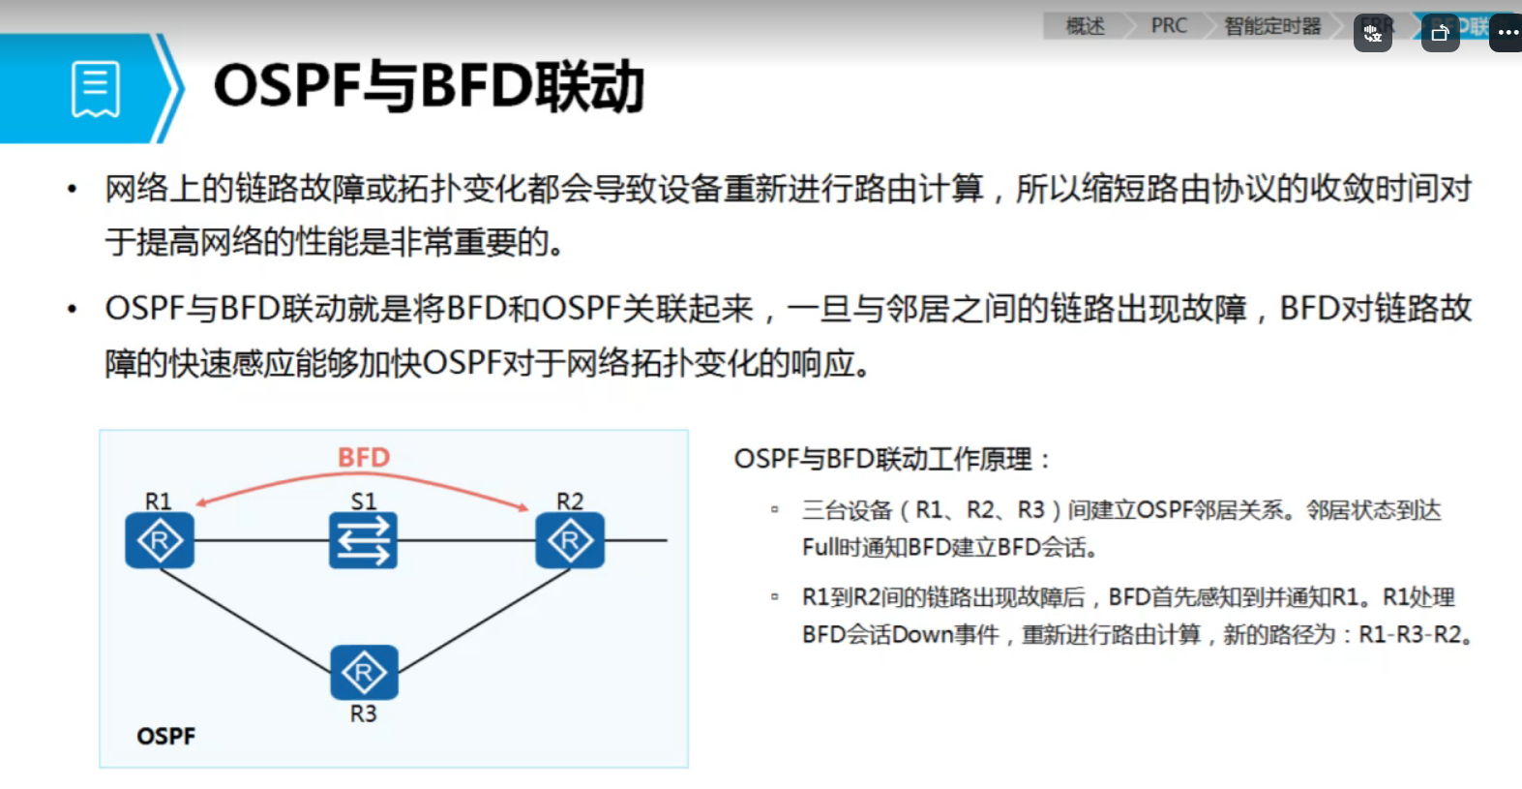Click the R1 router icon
160,540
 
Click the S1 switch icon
363,540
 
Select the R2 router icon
570,540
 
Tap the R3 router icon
364,672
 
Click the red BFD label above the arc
364,457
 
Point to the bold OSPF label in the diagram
165,737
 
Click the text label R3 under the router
363,714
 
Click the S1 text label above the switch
363,501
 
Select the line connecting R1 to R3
247,621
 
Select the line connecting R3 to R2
484,621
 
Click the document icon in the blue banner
96,89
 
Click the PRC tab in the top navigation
1169,26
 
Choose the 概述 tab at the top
1085,26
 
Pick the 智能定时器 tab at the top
1272,26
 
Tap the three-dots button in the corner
1507,33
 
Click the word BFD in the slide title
476,86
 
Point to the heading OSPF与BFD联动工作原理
891,459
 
